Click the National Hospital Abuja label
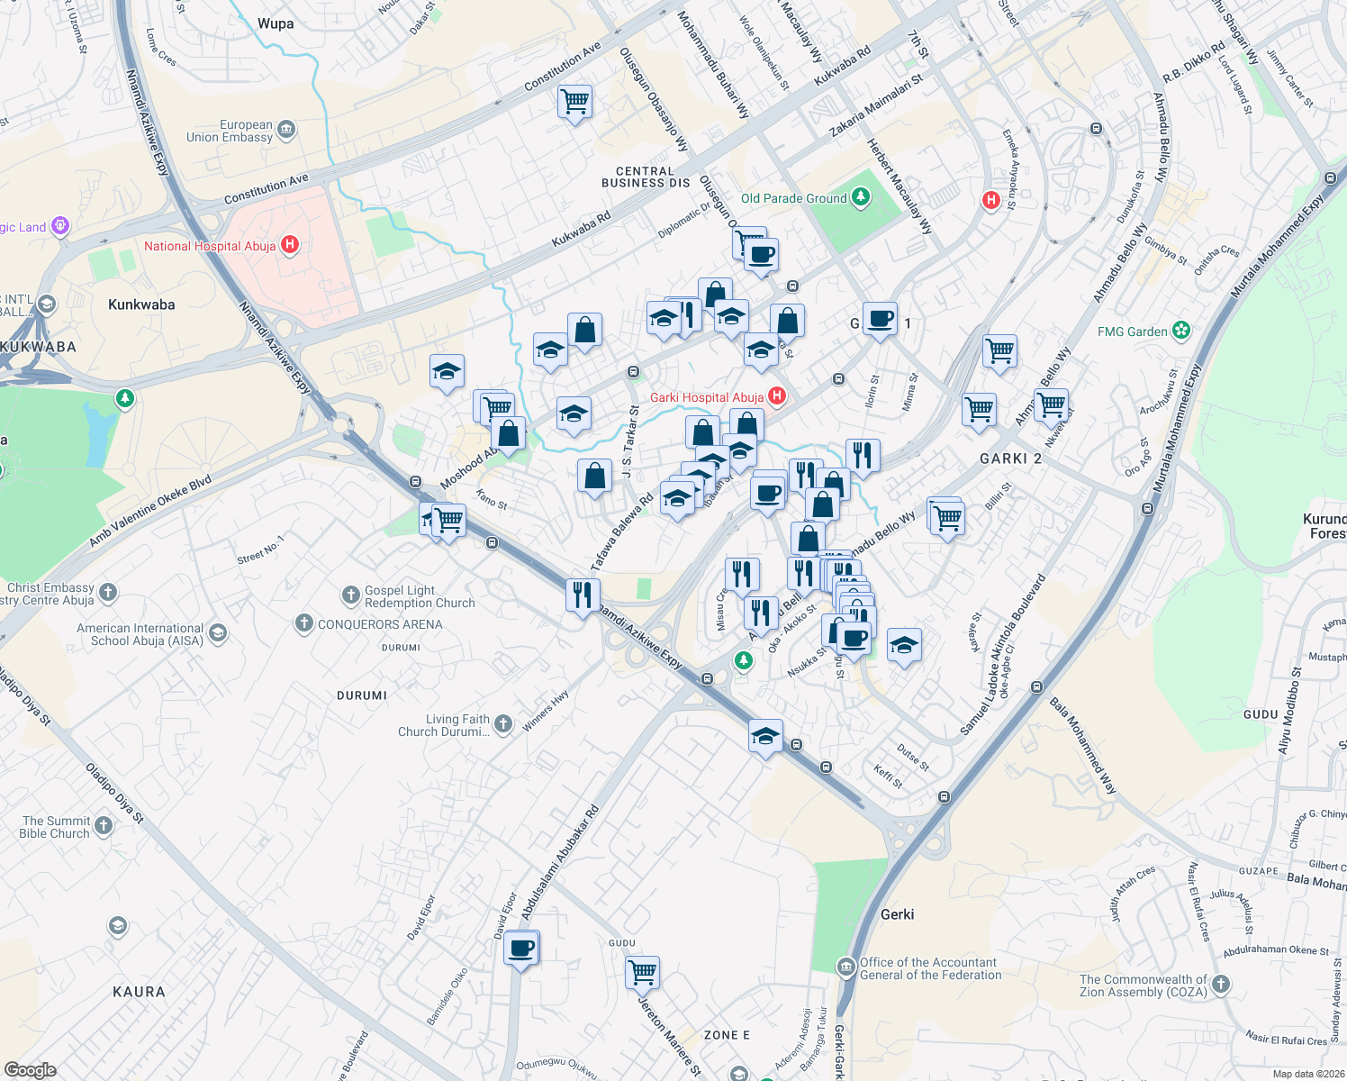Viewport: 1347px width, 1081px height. click(210, 246)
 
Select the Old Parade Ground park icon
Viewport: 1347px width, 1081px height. click(861, 197)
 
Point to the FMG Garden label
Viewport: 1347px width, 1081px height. click(1132, 332)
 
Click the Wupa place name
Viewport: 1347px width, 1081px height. click(276, 23)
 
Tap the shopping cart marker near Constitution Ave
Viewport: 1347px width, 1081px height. click(574, 101)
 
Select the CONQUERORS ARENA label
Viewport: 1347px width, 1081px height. click(380, 624)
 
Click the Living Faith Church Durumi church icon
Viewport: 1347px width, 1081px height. click(503, 723)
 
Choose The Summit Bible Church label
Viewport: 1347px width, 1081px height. click(55, 827)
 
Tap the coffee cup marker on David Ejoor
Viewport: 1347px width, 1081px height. click(521, 949)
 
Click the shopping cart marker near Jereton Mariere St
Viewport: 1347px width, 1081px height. click(642, 972)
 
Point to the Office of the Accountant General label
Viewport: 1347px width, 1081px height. click(930, 968)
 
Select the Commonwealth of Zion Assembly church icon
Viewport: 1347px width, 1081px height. click(1221, 984)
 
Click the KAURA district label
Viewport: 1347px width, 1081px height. click(139, 992)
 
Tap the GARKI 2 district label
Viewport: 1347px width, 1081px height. click(1010, 459)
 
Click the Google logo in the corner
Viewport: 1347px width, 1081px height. click(30, 1070)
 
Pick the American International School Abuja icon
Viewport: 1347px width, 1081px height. click(218, 634)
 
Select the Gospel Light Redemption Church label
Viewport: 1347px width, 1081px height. click(420, 596)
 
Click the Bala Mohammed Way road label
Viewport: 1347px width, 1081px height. click(1083, 744)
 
